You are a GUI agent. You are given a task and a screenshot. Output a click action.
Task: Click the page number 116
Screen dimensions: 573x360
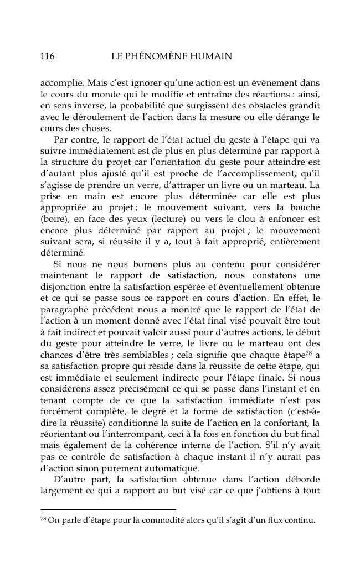[47, 56]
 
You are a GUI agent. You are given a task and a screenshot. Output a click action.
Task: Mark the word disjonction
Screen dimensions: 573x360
[65, 288]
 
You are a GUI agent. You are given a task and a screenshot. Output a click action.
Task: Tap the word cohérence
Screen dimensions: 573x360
[176, 439]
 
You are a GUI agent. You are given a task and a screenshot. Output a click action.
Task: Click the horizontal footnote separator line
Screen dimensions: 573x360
[108, 509]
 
